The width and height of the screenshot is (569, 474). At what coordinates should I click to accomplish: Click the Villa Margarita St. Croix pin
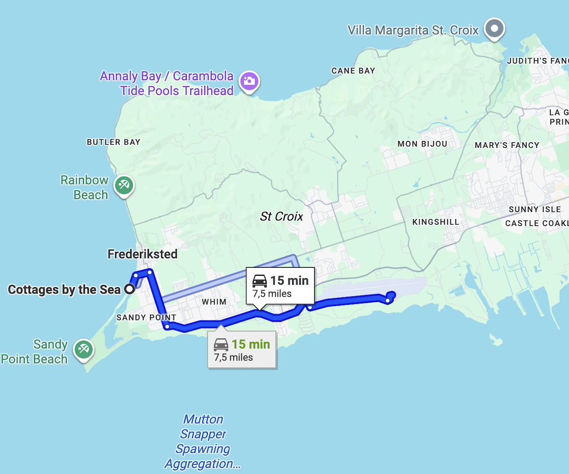tap(495, 29)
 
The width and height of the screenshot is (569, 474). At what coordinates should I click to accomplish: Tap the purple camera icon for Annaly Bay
tap(248, 81)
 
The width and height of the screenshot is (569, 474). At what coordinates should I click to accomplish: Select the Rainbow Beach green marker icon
tap(124, 185)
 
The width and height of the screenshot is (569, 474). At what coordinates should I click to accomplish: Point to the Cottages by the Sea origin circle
tap(128, 289)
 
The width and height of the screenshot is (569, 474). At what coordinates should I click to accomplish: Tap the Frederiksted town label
tap(142, 254)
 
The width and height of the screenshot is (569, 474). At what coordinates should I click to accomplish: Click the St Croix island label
tap(281, 217)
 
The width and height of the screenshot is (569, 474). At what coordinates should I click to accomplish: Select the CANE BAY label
tap(353, 71)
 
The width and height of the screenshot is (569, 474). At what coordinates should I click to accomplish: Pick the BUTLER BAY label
tap(113, 142)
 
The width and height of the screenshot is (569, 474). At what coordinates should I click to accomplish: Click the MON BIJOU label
tap(422, 144)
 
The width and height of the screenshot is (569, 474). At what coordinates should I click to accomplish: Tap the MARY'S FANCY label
tap(507, 145)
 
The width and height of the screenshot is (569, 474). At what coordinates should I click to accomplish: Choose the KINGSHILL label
tap(435, 222)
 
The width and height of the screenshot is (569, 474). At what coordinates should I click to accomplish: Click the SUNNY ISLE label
tap(534, 210)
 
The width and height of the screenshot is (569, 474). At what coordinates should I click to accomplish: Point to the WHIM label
tap(214, 302)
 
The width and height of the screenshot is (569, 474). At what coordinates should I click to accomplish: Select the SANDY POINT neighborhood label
tap(146, 318)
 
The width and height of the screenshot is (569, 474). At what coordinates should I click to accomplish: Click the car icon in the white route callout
tap(259, 281)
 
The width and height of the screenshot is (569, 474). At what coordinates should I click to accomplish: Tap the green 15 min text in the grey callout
tap(250, 344)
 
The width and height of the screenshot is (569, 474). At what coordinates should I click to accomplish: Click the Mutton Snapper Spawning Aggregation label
tap(203, 441)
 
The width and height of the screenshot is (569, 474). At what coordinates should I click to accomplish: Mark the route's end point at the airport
tap(388, 301)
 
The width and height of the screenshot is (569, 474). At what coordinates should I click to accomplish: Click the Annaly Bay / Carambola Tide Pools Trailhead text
tap(167, 83)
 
